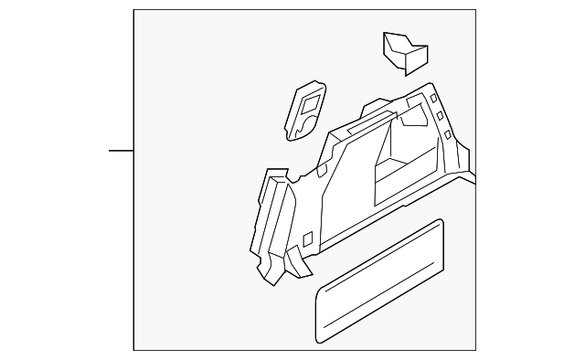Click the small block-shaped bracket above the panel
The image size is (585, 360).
403,52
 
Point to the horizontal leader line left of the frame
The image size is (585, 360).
121,150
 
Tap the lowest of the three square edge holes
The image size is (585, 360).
446,135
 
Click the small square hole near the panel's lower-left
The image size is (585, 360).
307,239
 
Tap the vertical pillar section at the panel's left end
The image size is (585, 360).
270,219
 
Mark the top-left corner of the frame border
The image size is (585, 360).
133,10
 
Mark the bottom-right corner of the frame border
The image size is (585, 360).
475,350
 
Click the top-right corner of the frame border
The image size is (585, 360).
475,10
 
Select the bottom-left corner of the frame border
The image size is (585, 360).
133,350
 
